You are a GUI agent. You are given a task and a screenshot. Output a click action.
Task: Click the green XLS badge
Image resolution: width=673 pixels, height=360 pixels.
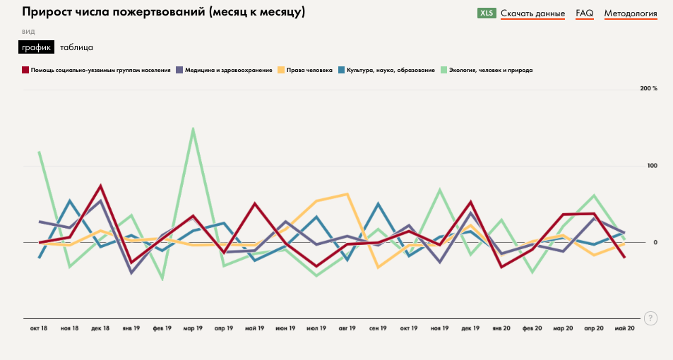coord(487,13)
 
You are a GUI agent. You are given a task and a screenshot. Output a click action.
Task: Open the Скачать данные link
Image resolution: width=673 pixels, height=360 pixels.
coord(532,13)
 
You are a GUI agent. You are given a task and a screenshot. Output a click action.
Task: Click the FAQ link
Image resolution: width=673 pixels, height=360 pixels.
coord(584,13)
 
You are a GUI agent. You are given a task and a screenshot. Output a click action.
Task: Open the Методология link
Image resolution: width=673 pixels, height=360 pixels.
coord(631,13)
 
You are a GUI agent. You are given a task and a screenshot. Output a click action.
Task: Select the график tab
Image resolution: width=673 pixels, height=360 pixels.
coord(36,47)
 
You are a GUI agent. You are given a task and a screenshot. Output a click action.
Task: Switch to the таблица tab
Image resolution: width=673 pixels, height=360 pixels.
coord(76,47)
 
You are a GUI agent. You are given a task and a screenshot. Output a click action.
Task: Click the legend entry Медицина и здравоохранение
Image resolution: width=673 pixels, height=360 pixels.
coord(228,70)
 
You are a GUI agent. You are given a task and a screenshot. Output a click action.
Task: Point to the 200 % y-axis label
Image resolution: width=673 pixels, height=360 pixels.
coord(648,88)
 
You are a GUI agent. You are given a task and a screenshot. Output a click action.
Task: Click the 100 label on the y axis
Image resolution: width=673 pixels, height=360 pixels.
coord(652,166)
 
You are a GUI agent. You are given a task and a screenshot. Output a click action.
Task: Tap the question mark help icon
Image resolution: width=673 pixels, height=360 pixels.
coord(650,318)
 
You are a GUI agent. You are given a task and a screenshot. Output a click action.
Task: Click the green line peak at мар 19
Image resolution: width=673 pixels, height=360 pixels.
coord(193,129)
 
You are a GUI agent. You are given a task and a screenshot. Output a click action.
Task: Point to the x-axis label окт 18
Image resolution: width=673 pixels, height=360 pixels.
coord(39,328)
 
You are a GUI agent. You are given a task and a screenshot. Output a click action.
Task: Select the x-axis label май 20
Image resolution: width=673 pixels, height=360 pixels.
coord(625,328)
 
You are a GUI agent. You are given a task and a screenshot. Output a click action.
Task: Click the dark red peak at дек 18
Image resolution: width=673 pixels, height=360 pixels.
coord(101,186)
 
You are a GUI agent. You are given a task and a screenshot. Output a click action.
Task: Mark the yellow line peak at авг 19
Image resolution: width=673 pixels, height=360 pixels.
coord(347,194)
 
